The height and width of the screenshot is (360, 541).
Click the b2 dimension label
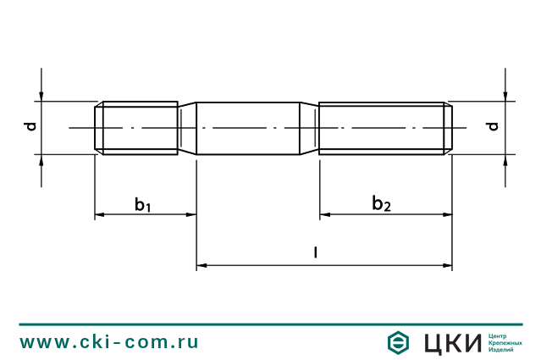pyautogui.click(x=382, y=203)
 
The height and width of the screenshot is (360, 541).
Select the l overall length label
pyautogui.click(x=315, y=252)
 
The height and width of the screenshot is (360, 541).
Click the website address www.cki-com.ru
pyautogui.click(x=109, y=342)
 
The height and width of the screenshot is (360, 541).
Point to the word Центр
pyautogui.click(x=499, y=336)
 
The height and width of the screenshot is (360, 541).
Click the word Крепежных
pyautogui.click(x=505, y=343)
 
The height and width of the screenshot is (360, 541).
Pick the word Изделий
pyautogui.click(x=502, y=350)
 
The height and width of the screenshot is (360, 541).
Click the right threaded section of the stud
pyautogui.click(x=381, y=128)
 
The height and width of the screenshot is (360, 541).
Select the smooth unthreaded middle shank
pyautogui.click(x=249, y=128)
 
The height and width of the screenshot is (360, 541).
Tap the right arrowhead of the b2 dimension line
pyautogui.click(x=447, y=215)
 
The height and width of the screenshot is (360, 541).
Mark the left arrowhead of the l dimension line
pyautogui.click(x=201, y=267)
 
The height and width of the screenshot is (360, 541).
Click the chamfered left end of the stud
pyautogui.click(x=97, y=128)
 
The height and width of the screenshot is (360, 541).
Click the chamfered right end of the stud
pyautogui.click(x=450, y=128)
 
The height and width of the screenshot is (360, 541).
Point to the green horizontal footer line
pyautogui.click(x=270, y=324)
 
